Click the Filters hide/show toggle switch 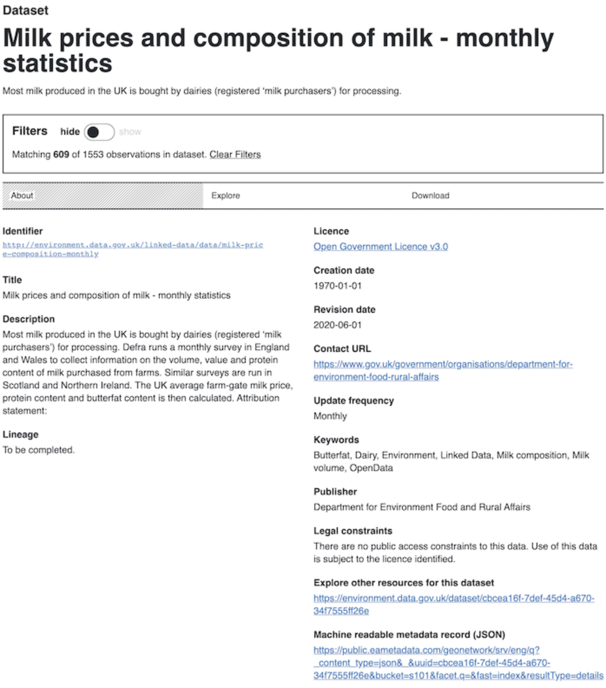tap(99, 132)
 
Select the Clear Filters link tap(235, 155)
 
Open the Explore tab tap(225, 196)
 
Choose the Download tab tap(430, 196)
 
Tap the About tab tap(22, 196)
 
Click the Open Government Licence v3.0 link tap(381, 247)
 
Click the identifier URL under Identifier tap(132, 249)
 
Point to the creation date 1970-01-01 tap(337, 286)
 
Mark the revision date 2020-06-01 tap(337, 325)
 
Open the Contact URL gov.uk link tap(443, 370)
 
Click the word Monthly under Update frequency tap(330, 416)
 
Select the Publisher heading tap(335, 492)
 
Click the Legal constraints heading tap(352, 531)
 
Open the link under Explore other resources tap(454, 604)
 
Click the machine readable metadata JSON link tap(458, 663)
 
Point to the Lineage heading tap(20, 434)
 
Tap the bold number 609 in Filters tap(61, 155)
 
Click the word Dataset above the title tap(26, 10)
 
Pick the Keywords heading tap(336, 440)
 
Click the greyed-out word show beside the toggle tap(130, 132)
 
